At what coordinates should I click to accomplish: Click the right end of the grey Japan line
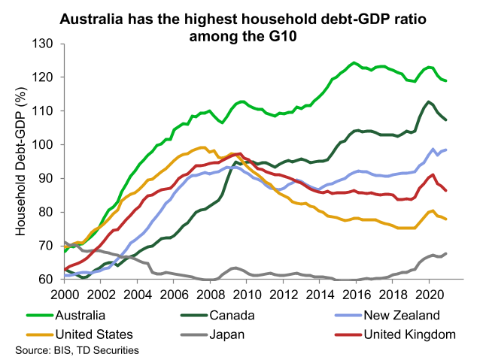click(446, 253)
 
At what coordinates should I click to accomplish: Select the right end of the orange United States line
click(446, 219)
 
